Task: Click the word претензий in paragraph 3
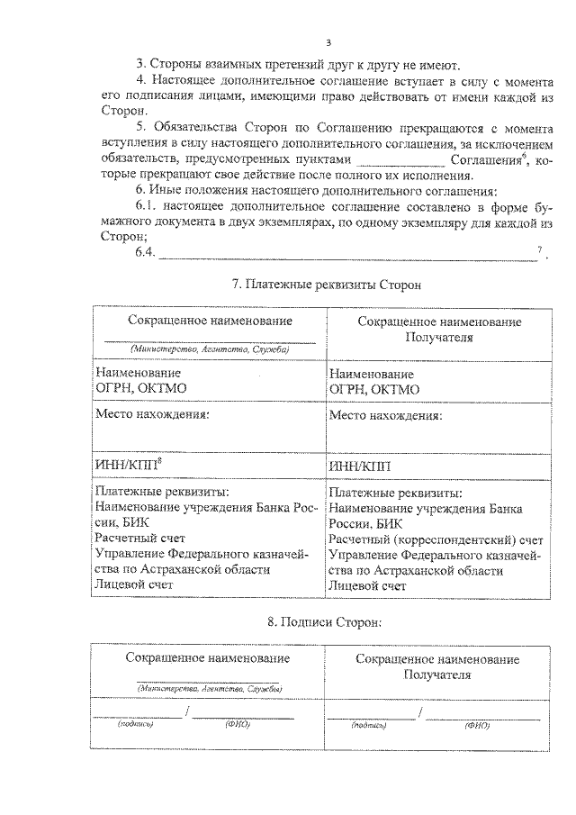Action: pyautogui.click(x=267, y=65)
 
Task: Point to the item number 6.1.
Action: pyautogui.click(x=146, y=207)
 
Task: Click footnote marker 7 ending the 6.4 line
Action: pyautogui.click(x=539, y=249)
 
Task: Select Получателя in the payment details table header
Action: pyautogui.click(x=440, y=337)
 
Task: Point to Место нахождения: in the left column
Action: pyautogui.click(x=152, y=415)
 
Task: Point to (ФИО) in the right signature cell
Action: pyautogui.click(x=477, y=724)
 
